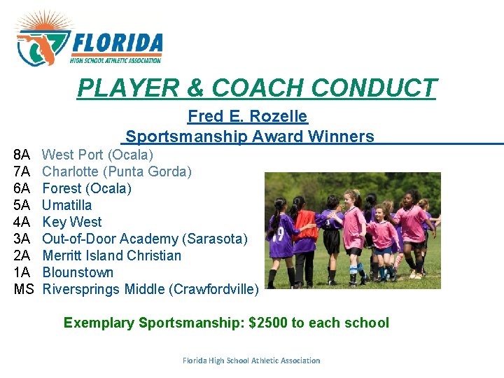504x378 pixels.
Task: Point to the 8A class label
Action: pyautogui.click(x=22, y=155)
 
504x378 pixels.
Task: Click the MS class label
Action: pyautogui.click(x=24, y=289)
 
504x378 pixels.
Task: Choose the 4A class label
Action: pyautogui.click(x=22, y=222)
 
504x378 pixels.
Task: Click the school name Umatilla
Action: pyautogui.click(x=66, y=205)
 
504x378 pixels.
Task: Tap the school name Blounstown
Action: pyautogui.click(x=78, y=272)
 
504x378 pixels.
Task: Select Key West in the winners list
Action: pyautogui.click(x=71, y=222)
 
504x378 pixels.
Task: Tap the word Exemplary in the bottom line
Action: pyautogui.click(x=99, y=323)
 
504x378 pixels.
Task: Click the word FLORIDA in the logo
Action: pyautogui.click(x=117, y=44)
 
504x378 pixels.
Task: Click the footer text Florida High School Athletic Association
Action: pyautogui.click(x=251, y=360)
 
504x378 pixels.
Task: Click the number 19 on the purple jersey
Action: pyautogui.click(x=279, y=232)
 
